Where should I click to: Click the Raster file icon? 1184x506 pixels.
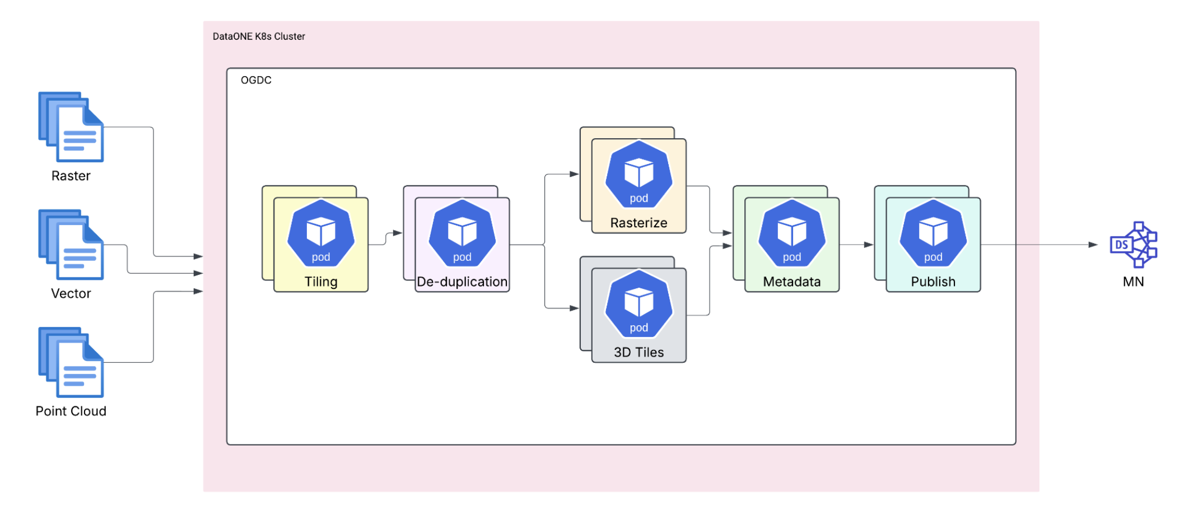pos(71,127)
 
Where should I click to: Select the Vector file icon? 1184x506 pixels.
pos(71,245)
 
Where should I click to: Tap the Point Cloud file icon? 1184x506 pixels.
pos(71,362)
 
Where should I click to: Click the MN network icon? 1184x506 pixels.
pos(1134,245)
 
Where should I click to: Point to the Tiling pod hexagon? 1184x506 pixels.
pos(321,233)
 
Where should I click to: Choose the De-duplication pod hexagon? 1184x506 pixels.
pos(462,233)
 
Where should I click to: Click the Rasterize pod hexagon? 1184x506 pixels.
pos(638,174)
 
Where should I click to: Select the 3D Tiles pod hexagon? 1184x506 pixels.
pos(638,303)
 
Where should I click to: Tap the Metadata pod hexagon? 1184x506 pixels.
pos(791,233)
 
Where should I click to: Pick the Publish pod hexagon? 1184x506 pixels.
pos(933,233)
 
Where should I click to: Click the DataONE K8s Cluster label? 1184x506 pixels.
pos(259,36)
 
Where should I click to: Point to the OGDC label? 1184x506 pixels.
pos(256,80)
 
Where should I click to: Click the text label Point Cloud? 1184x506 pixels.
pos(71,411)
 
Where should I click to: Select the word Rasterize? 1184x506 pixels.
pos(638,223)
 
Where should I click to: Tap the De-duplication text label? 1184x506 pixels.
pos(462,282)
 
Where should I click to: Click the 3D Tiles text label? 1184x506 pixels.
pos(638,352)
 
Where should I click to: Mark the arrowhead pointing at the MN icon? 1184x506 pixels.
pos(1093,245)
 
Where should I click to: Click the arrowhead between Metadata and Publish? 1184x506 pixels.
pos(869,245)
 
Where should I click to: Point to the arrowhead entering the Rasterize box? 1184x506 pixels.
pos(574,174)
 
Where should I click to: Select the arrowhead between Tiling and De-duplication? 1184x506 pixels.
pos(398,233)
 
